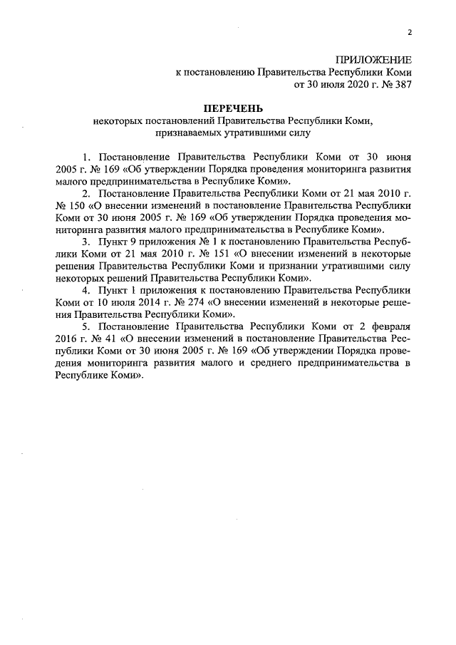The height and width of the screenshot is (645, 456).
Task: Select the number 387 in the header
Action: pos(402,84)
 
